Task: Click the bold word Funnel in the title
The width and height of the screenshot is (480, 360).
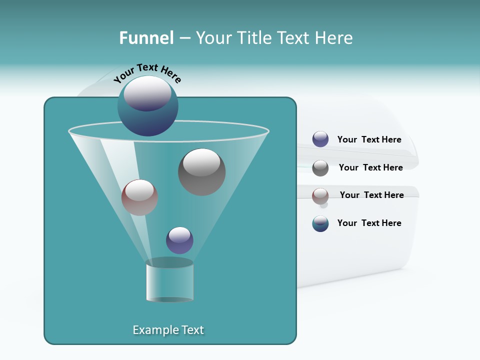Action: click(x=146, y=38)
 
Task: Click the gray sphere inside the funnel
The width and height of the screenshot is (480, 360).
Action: click(x=201, y=172)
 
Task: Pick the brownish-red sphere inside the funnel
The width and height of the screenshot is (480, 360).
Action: click(x=139, y=197)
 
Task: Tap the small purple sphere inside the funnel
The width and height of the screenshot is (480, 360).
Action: click(x=179, y=240)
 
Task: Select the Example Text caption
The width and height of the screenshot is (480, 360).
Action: click(x=168, y=330)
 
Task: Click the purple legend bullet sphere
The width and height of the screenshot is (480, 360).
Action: click(x=320, y=139)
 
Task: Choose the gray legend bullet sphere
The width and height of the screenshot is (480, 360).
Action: click(x=320, y=168)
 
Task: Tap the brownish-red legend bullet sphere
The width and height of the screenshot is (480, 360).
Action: click(x=320, y=196)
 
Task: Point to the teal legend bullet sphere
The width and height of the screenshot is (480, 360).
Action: click(x=320, y=223)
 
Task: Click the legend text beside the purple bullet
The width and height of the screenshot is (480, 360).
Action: click(x=369, y=140)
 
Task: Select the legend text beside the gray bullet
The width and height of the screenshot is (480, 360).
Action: click(x=370, y=167)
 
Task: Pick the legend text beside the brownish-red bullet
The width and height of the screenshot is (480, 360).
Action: click(x=371, y=195)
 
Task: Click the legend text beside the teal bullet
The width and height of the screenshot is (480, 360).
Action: click(x=369, y=223)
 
